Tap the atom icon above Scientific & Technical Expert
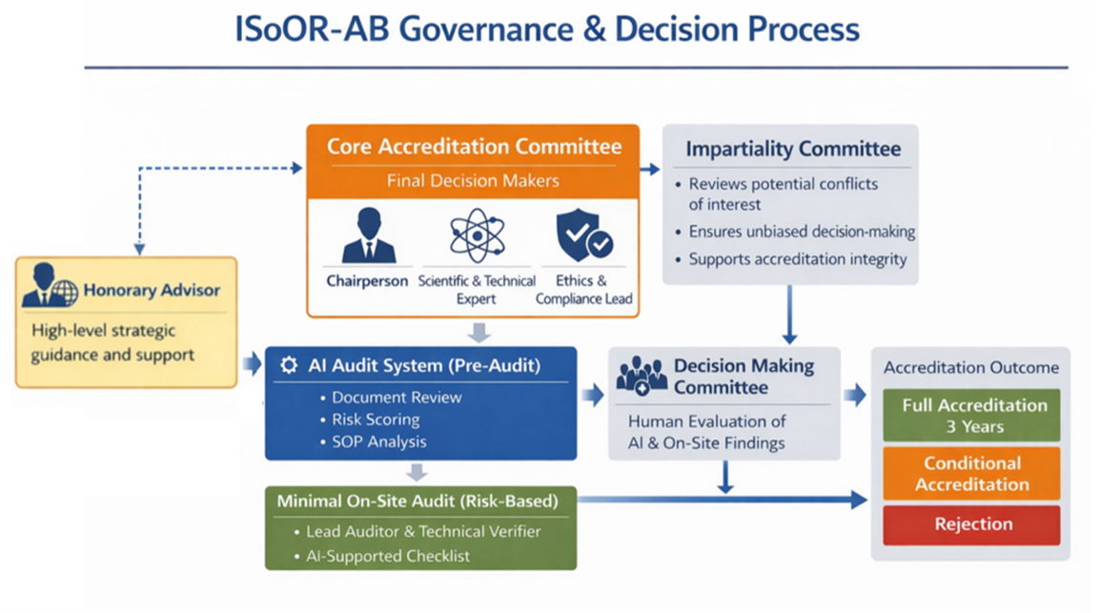tap(477, 235)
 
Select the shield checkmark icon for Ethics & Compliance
tap(584, 236)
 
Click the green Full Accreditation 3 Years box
tap(971, 416)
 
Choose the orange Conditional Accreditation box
tap(971, 474)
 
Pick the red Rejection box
tap(971, 524)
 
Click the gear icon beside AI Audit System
tap(290, 365)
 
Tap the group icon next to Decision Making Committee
tap(641, 376)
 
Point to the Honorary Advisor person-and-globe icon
tap(50, 290)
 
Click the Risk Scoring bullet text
tap(376, 419)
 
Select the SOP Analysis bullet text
tap(379, 441)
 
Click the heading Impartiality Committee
tap(792, 150)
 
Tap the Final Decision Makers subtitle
tap(473, 180)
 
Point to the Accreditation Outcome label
tap(970, 368)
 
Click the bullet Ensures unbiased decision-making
tap(801, 232)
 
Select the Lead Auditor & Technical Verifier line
tap(423, 532)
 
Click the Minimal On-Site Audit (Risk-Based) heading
tap(418, 500)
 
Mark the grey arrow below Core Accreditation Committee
tap(480, 332)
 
